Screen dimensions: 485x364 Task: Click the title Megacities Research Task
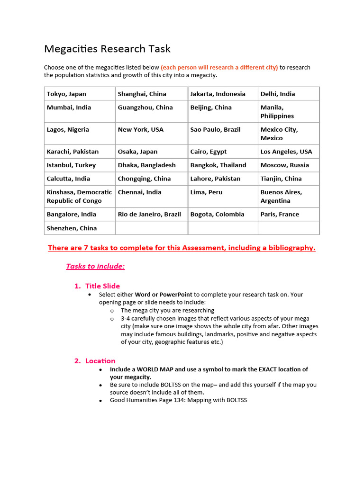coord(107,49)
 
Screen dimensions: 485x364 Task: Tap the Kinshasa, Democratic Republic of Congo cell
coord(79,197)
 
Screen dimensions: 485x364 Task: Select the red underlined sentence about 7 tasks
coord(182,248)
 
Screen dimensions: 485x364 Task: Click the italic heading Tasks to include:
coord(95,266)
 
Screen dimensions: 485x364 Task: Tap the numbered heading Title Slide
coord(102,286)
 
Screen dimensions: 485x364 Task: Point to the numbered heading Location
coord(100,361)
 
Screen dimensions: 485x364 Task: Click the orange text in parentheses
coord(219,67)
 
